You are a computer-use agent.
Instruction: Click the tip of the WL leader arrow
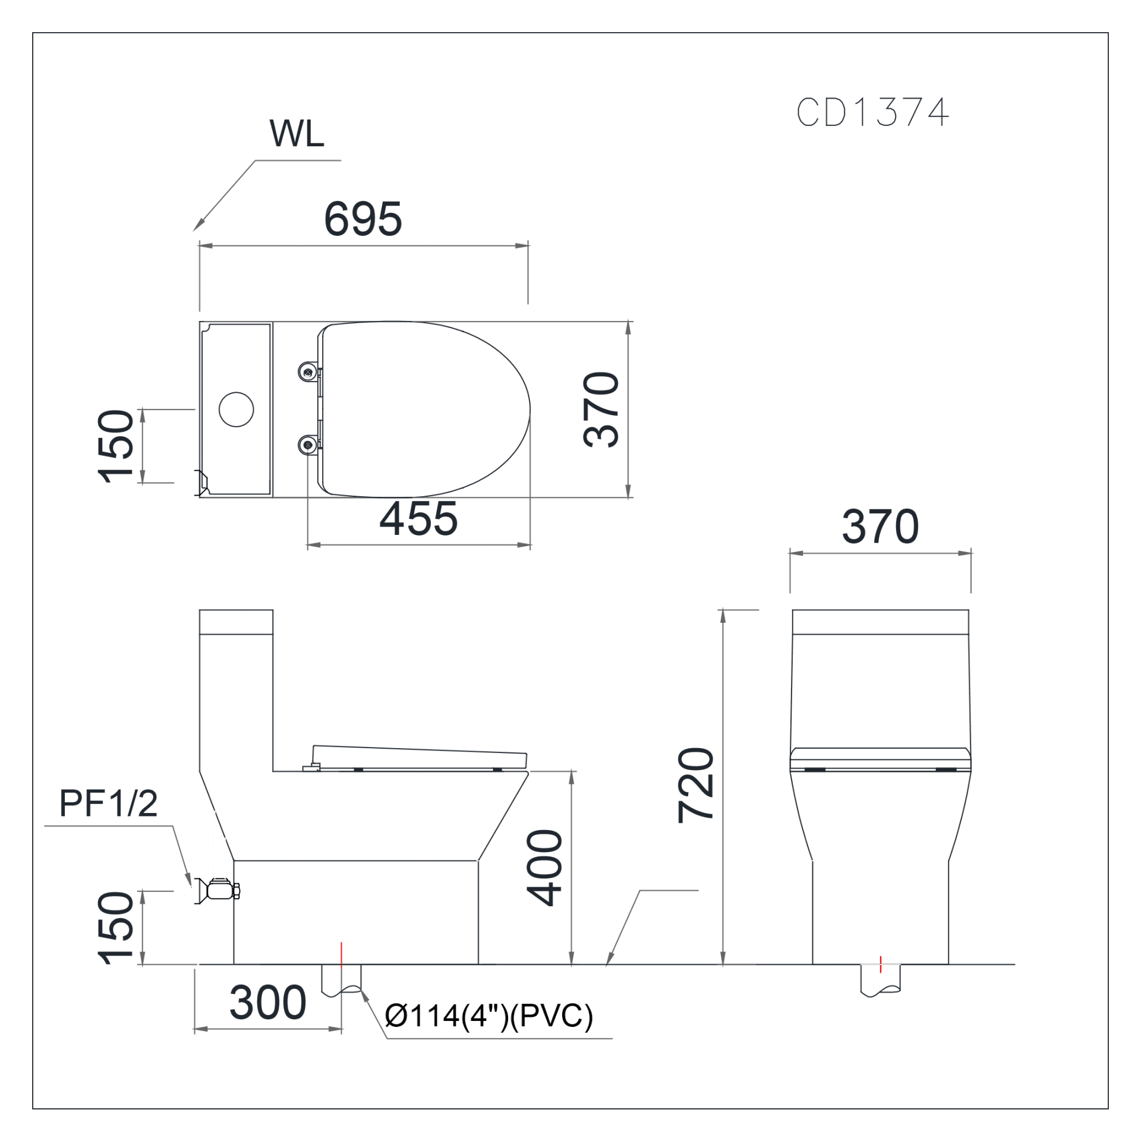tap(194, 231)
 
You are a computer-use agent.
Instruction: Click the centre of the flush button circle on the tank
tap(237, 409)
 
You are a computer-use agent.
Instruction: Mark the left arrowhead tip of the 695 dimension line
tap(200, 245)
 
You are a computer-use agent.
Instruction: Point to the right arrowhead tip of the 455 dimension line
tap(531, 545)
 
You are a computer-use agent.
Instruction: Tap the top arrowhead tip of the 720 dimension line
tap(723, 610)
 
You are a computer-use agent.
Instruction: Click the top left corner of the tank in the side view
tap(200, 610)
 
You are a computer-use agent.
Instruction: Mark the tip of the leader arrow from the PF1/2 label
tap(191, 886)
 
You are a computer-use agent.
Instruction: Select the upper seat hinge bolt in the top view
tap(308, 372)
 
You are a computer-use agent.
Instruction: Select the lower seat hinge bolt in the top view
tap(308, 445)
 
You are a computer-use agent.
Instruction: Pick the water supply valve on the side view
tap(218, 891)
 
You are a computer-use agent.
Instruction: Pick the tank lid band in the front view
tap(881, 622)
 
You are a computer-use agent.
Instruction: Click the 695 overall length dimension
tap(363, 219)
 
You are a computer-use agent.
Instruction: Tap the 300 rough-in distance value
tap(268, 1003)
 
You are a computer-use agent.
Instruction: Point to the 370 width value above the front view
tap(881, 527)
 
